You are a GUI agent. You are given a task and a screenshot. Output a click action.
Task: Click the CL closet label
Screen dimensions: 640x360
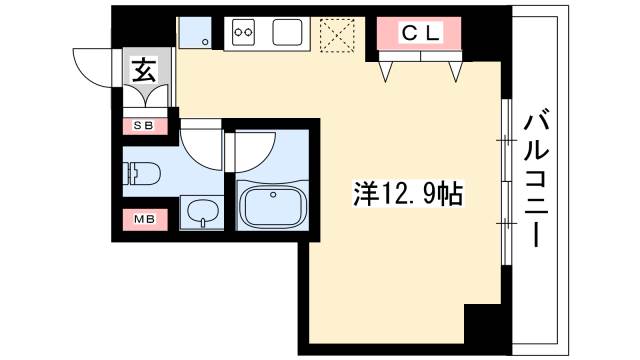[x=421, y=33]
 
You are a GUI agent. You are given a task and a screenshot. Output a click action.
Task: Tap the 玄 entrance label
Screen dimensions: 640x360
[x=144, y=69]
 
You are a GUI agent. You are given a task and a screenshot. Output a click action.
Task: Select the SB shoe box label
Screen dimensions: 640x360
[x=144, y=126]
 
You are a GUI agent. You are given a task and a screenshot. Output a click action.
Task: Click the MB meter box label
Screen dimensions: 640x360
[x=145, y=219]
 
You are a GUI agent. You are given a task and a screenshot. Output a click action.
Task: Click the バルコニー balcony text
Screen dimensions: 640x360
[x=536, y=180]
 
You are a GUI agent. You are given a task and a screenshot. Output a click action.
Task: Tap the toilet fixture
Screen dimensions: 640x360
[x=142, y=173]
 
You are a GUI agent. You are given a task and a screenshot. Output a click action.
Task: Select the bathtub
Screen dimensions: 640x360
[x=273, y=207]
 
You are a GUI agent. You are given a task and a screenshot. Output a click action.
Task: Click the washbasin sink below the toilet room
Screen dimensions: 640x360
[x=202, y=212]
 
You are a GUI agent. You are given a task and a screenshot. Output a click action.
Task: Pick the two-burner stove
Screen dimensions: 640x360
[x=243, y=32]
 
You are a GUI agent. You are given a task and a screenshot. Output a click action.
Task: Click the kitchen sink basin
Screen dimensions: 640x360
[x=287, y=32]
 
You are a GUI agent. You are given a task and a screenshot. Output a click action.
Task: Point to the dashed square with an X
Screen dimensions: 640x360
[x=337, y=35]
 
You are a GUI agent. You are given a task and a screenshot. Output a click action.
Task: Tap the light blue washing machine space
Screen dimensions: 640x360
[x=195, y=32]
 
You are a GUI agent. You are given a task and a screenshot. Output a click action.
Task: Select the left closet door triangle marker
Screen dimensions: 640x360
[x=386, y=72]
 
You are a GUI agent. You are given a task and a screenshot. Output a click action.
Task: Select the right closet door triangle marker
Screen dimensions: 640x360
[x=456, y=72]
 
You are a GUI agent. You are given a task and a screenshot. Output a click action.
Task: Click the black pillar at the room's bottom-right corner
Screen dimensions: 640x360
[x=482, y=324]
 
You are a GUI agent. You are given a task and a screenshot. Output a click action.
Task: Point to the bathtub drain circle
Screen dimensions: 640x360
[x=273, y=195]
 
